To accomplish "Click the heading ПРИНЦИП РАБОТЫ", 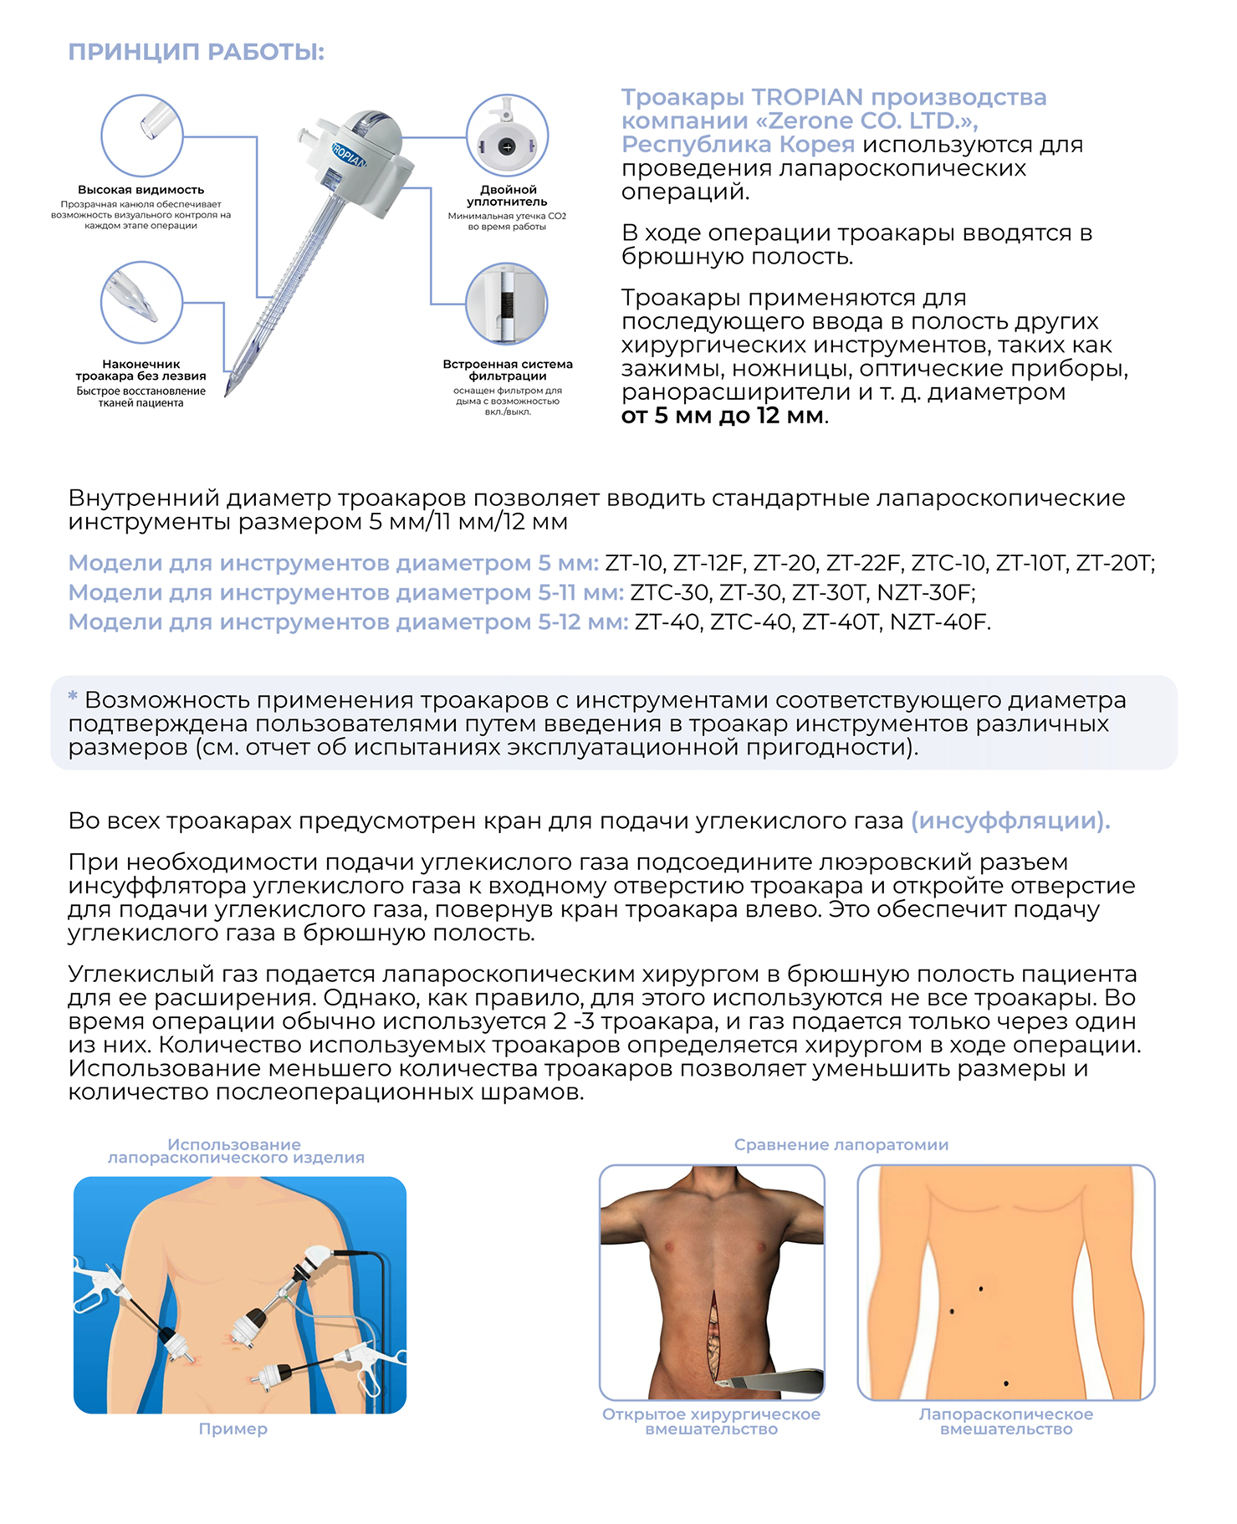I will pos(196,52).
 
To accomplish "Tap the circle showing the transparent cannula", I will pos(142,136).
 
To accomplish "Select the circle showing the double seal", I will pos(507,136).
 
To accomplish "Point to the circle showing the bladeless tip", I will pos(141,302).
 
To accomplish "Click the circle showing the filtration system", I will pos(507,304).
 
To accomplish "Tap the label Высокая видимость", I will pos(141,190).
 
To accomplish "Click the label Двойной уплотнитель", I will pos(508,196).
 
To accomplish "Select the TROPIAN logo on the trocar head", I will pos(349,155).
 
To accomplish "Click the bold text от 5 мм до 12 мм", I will pos(723,416).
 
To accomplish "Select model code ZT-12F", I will pos(707,563).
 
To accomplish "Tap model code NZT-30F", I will pos(924,593).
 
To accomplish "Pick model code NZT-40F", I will pos(938,622).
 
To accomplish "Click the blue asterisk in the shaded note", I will pos(73,696).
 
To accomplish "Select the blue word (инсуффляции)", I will pos(1010,821).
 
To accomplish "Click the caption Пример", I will pos(233,1429).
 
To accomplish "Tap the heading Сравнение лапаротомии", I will pos(841,1144).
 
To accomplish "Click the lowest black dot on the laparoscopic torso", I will pos(1005,1383).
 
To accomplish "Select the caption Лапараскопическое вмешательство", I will pos(1006,1421).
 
